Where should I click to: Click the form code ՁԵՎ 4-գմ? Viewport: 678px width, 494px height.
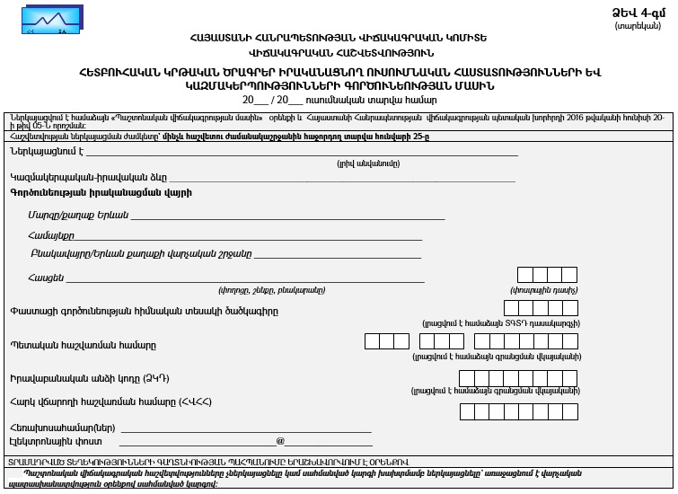coord(638,12)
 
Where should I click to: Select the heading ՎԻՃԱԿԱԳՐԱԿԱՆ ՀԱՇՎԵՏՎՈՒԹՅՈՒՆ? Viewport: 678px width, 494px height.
coord(338,52)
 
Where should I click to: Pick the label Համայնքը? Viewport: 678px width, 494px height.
coord(50,234)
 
